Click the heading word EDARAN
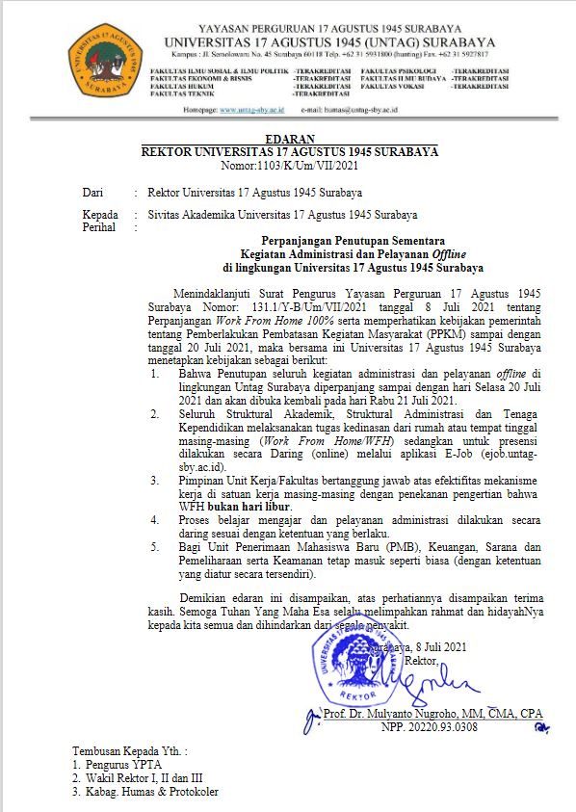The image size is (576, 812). coord(289,139)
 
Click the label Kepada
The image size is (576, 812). coord(100,215)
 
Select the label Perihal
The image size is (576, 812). coord(100,227)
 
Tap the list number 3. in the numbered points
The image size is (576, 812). coord(156,479)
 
